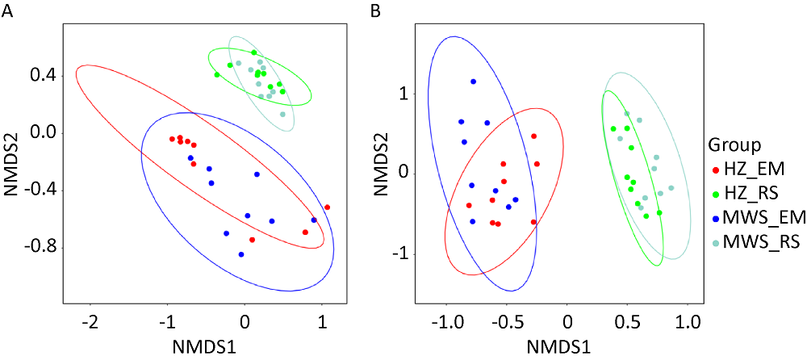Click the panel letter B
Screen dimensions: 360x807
point(375,10)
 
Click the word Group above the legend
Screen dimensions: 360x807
point(735,145)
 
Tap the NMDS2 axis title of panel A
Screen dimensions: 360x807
point(10,157)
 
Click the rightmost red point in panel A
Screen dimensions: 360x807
point(327,207)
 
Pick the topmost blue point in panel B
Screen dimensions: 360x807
point(473,82)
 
